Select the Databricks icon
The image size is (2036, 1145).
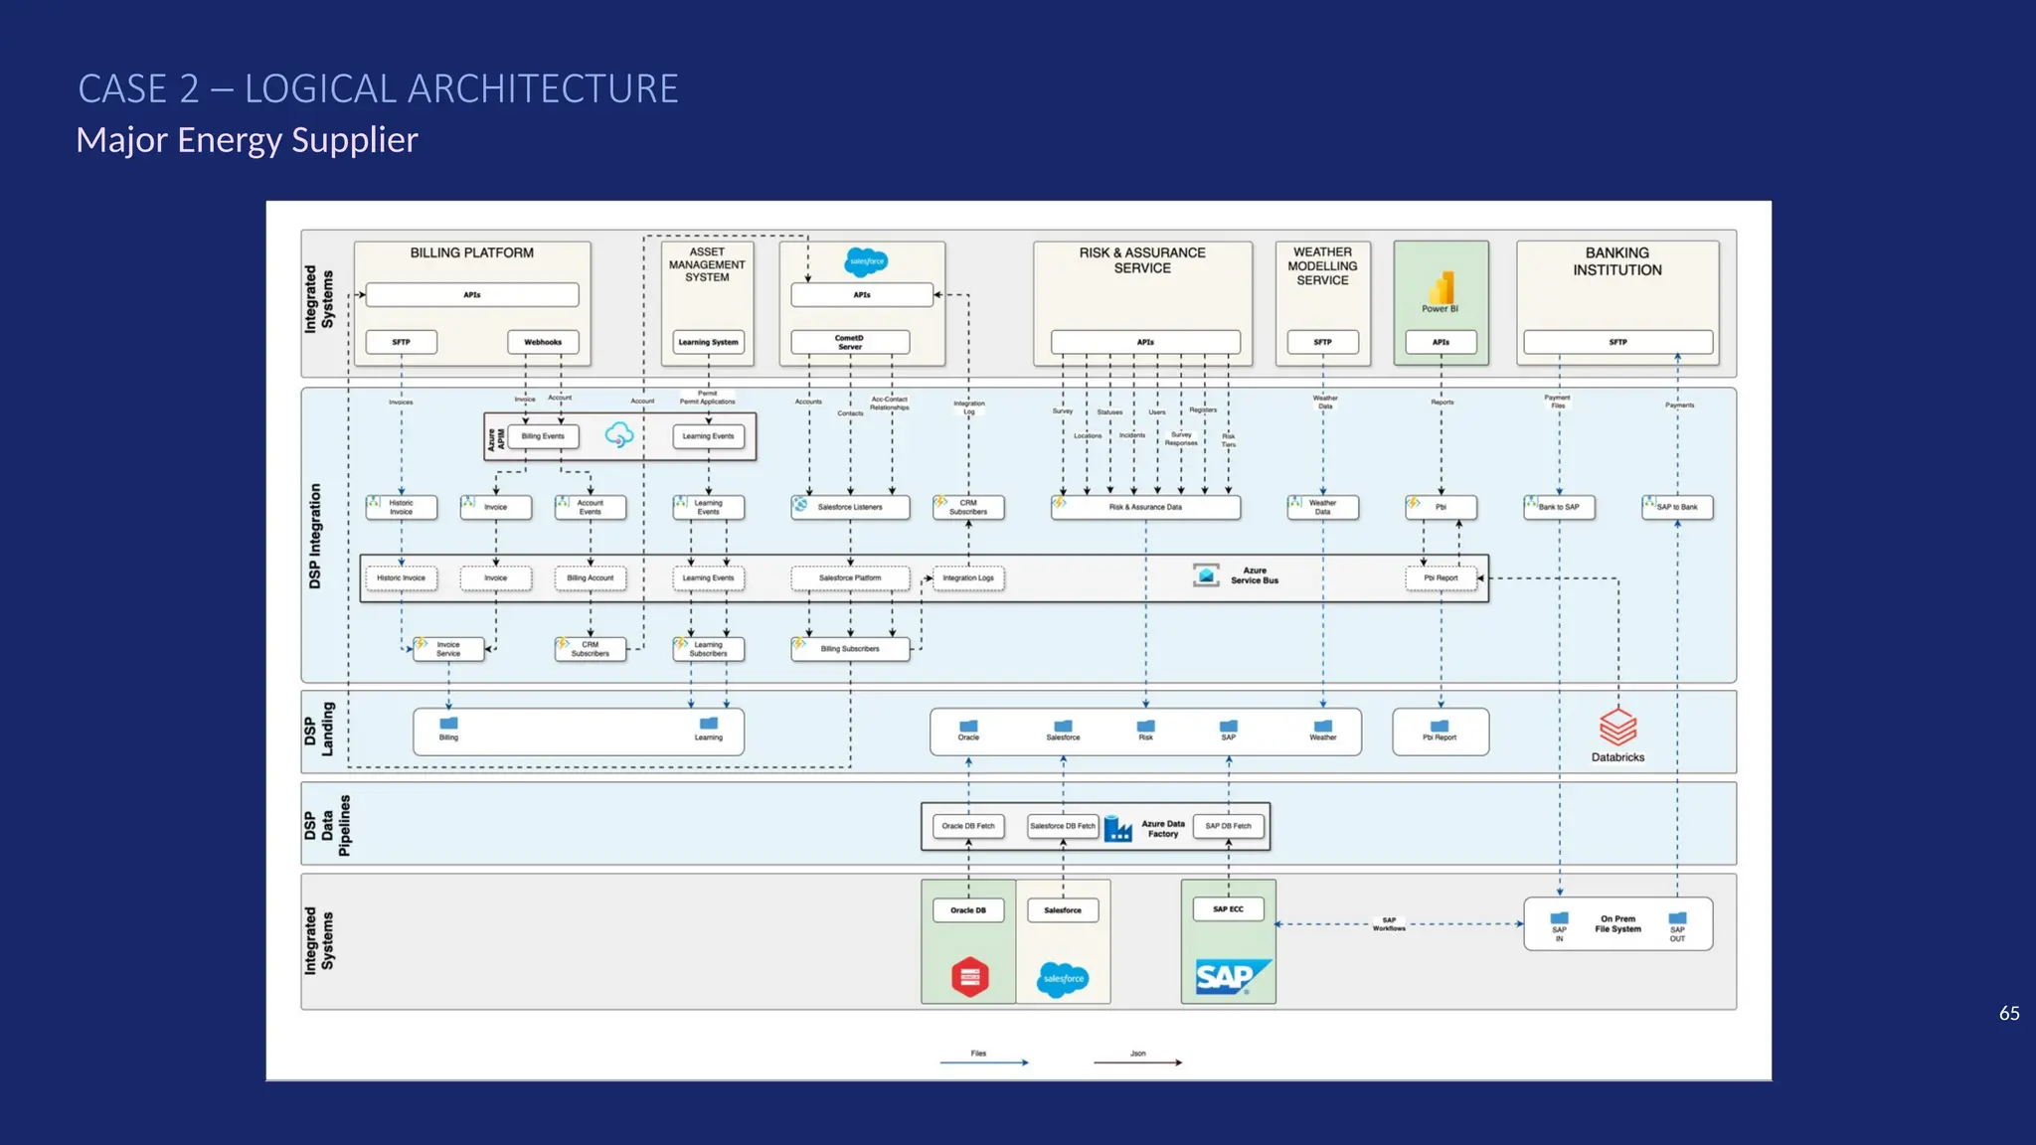pos(1617,727)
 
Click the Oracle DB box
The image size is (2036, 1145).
pos(968,909)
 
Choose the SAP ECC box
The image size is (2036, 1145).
pos(1228,908)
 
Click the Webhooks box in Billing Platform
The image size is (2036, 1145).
pos(543,342)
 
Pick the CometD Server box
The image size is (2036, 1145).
pos(850,342)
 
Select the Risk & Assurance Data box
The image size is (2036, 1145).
pos(1145,507)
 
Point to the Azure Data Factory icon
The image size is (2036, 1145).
pos(1118,828)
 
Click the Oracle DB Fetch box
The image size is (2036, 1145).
pos(968,826)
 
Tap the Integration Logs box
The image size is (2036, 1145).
pos(968,577)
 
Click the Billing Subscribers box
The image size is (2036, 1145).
pos(850,649)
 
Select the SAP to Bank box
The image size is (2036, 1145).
pos(1677,507)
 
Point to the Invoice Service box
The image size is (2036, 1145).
pos(448,649)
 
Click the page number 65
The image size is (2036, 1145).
pos(2009,1013)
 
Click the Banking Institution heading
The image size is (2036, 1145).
pos(1616,261)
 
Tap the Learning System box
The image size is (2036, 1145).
pos(708,342)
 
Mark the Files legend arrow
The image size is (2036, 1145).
pos(983,1063)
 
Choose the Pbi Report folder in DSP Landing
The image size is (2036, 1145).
pos(1440,730)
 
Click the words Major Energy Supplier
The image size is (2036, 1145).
pos(247,140)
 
